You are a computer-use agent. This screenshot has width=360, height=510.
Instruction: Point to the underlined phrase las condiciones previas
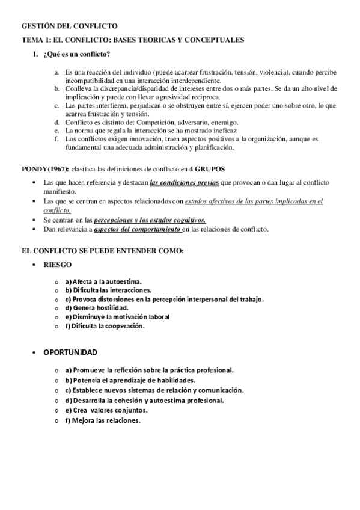(x=183, y=182)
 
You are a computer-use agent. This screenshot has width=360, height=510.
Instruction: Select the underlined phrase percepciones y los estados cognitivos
(x=150, y=221)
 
